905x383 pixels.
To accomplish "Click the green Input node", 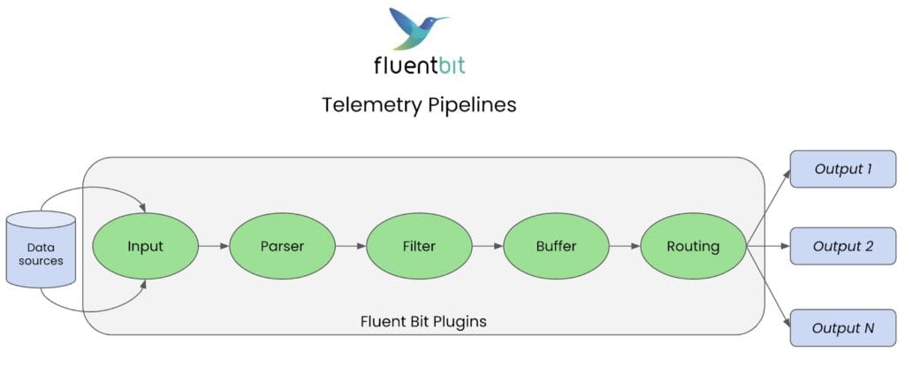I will pyautogui.click(x=146, y=246).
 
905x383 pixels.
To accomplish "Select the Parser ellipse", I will pyautogui.click(x=282, y=246).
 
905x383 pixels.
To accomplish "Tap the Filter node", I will pyautogui.click(x=419, y=246).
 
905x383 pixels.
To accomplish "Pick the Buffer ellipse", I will pyautogui.click(x=556, y=246).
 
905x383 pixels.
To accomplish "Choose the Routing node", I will pyautogui.click(x=693, y=246).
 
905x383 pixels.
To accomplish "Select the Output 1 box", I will pyautogui.click(x=842, y=169).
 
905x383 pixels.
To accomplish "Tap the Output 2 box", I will pyautogui.click(x=842, y=246).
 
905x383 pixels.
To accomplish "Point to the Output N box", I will pyautogui.click(x=842, y=328).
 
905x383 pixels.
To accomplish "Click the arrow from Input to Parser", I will pyautogui.click(x=214, y=246).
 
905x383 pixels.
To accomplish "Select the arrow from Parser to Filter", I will pyautogui.click(x=350, y=246).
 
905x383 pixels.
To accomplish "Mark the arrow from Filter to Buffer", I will pyautogui.click(x=487, y=246).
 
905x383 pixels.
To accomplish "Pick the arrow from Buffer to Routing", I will pyautogui.click(x=624, y=246).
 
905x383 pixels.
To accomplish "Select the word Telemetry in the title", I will pyautogui.click(x=372, y=105).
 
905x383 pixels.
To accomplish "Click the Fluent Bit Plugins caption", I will pyautogui.click(x=423, y=322).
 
